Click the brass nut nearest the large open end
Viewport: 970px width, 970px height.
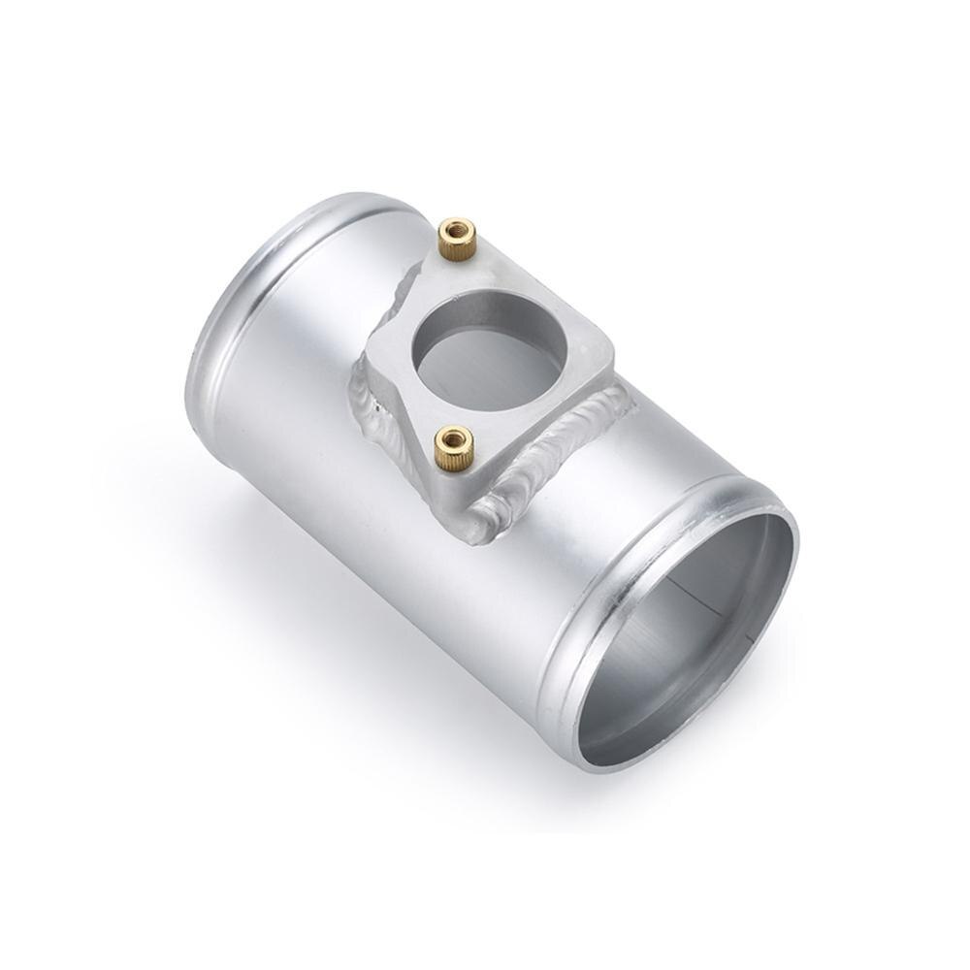pyautogui.click(x=452, y=448)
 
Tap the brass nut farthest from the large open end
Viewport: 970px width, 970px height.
pyautogui.click(x=457, y=238)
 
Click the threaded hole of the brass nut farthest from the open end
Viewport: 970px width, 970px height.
pyautogui.click(x=457, y=229)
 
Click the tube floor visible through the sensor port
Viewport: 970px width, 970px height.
pyautogui.click(x=485, y=364)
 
